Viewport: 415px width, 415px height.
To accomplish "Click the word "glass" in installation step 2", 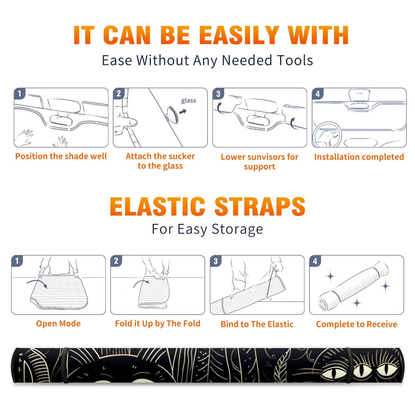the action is pos(189,101).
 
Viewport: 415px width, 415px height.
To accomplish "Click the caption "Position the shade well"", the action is pos(61,156).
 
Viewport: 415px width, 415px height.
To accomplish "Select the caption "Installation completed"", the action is pos(359,157).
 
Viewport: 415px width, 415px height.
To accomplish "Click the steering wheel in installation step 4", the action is pos(327,135).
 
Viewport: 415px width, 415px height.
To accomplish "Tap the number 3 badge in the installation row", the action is pos(218,94).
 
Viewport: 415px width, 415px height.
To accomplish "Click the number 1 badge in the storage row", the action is pos(17,261).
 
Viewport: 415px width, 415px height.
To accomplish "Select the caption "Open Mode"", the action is pos(58,323).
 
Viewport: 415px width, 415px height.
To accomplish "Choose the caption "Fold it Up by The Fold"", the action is pos(158,323).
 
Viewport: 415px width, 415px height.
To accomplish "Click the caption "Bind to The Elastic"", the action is pos(257,324).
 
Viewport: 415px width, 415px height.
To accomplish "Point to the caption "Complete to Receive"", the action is pos(357,324).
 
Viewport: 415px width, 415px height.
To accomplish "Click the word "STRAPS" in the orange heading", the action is pos(260,206).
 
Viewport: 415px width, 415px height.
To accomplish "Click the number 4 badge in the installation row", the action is pos(318,94).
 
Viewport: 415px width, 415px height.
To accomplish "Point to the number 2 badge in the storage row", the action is pos(116,261).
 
